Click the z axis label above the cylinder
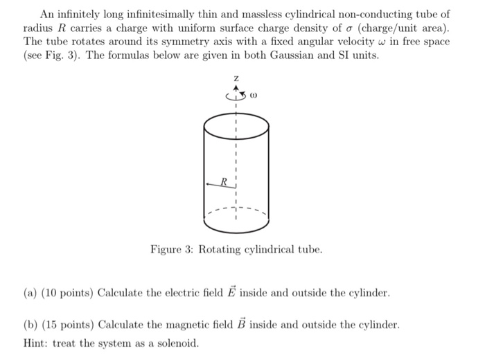[236, 79]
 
